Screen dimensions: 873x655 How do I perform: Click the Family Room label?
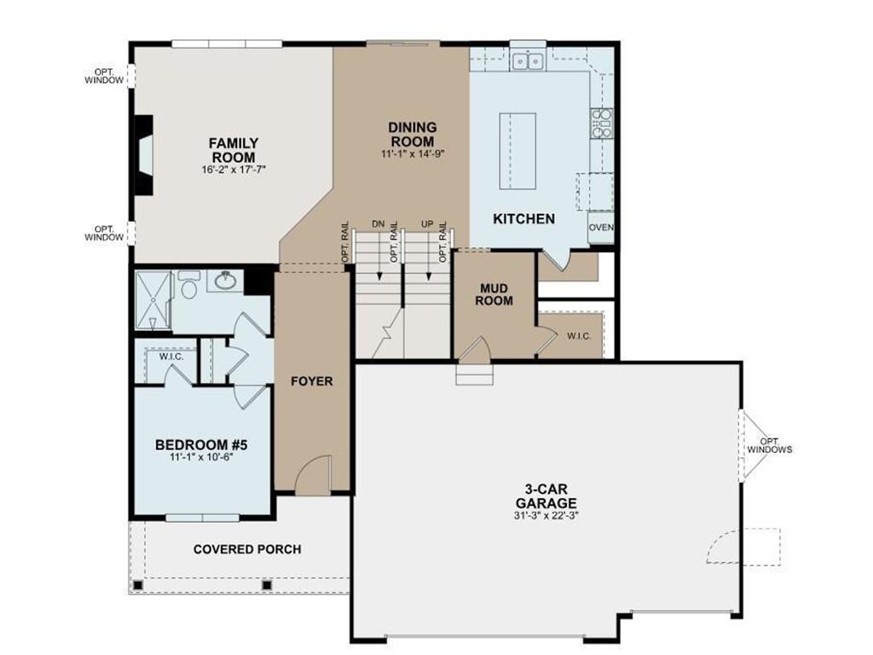click(x=234, y=150)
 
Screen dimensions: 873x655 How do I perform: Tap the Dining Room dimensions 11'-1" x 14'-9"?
click(x=413, y=154)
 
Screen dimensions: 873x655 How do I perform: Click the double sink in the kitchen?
click(x=528, y=60)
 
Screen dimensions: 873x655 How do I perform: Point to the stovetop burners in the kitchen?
click(x=601, y=124)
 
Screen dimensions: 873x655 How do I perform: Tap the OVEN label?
click(x=601, y=227)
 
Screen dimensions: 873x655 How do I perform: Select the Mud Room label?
click(x=494, y=294)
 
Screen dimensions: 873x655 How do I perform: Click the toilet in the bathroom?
click(x=189, y=285)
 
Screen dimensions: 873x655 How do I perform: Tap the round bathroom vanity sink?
click(x=226, y=281)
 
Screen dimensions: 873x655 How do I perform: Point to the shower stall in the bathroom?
click(x=153, y=300)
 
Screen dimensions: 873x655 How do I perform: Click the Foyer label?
click(x=312, y=381)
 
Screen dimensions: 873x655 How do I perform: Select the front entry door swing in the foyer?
click(x=313, y=475)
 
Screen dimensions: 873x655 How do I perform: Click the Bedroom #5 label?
click(x=201, y=445)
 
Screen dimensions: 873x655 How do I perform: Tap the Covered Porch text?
click(x=247, y=550)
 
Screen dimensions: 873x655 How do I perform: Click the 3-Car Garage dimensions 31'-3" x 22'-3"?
click(x=546, y=516)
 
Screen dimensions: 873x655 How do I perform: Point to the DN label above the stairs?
click(x=378, y=224)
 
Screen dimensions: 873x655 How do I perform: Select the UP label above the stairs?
click(x=427, y=224)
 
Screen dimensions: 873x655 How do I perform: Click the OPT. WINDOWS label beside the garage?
click(x=770, y=445)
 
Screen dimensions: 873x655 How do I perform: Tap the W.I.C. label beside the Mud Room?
click(x=579, y=336)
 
